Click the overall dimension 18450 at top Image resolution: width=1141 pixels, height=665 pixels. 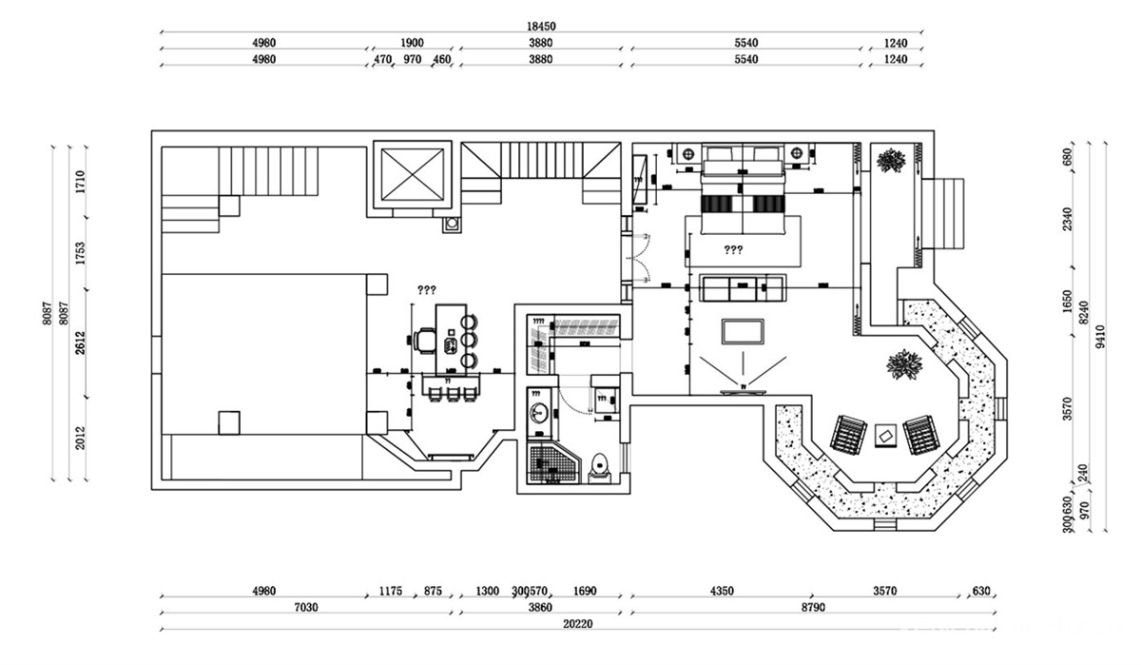pyautogui.click(x=541, y=28)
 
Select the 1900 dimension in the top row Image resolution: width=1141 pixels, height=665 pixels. pyautogui.click(x=412, y=43)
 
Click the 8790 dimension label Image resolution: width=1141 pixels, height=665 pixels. pyautogui.click(x=813, y=607)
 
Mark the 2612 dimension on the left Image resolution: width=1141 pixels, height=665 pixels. pyautogui.click(x=81, y=343)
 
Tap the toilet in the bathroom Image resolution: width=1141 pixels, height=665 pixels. pyautogui.click(x=599, y=467)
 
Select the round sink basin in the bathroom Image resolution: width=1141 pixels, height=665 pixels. pyautogui.click(x=539, y=413)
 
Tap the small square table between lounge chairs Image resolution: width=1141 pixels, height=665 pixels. pyautogui.click(x=885, y=435)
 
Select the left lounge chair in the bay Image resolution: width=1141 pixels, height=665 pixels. pyautogui.click(x=846, y=434)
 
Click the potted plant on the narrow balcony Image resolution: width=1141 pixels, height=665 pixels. pyautogui.click(x=891, y=160)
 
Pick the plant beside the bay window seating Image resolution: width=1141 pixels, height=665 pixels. pyautogui.click(x=905, y=364)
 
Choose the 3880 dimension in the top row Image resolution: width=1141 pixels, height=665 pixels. pyautogui.click(x=540, y=43)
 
